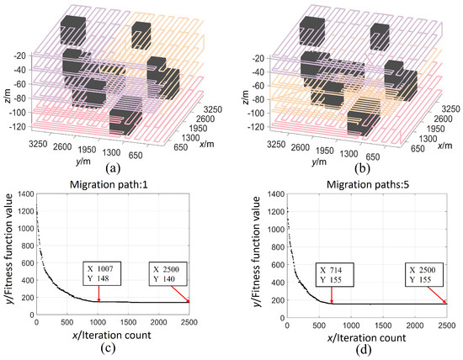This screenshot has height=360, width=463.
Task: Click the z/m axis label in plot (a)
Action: [8, 82]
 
